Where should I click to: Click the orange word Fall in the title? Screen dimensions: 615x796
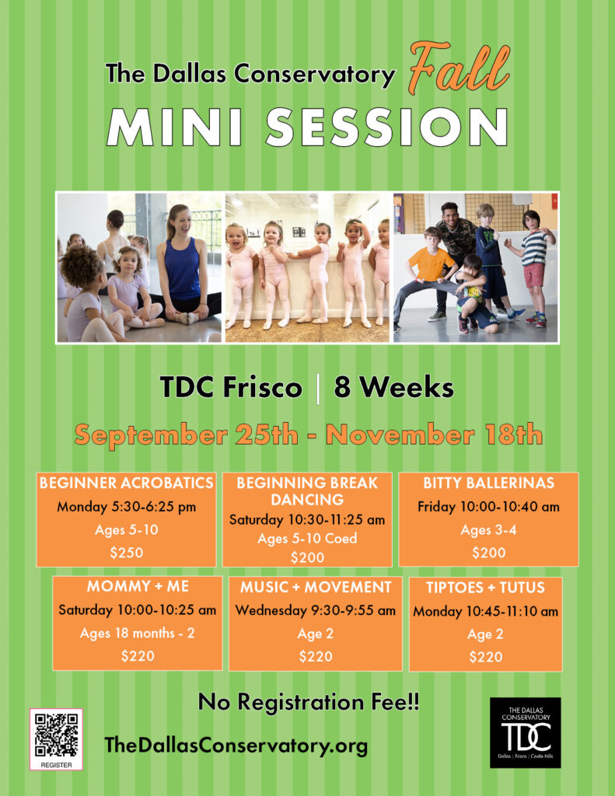pos(459,68)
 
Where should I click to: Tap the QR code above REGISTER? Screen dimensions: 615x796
pos(57,735)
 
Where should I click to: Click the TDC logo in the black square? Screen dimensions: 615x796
pos(526,732)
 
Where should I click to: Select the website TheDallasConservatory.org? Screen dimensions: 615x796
pos(236,745)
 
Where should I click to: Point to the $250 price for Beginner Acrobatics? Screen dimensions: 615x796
pos(127,553)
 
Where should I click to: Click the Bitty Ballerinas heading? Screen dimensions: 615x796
pos(488,482)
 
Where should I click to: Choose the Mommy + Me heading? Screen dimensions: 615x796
pos(138,586)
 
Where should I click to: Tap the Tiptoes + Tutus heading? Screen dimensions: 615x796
pos(485,588)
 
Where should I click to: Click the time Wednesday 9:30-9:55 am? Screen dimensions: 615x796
pos(316,610)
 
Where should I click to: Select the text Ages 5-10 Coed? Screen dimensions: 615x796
pos(307,538)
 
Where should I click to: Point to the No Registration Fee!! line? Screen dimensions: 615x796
pos(309,702)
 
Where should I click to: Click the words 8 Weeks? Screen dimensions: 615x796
pos(393,387)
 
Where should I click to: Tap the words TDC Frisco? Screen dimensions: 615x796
pos(231,387)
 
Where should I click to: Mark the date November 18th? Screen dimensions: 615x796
pos(434,435)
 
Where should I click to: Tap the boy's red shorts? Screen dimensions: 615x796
pos(533,275)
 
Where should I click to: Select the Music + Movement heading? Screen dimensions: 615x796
pos(316,587)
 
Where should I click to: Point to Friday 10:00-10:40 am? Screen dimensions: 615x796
pos(488,507)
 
